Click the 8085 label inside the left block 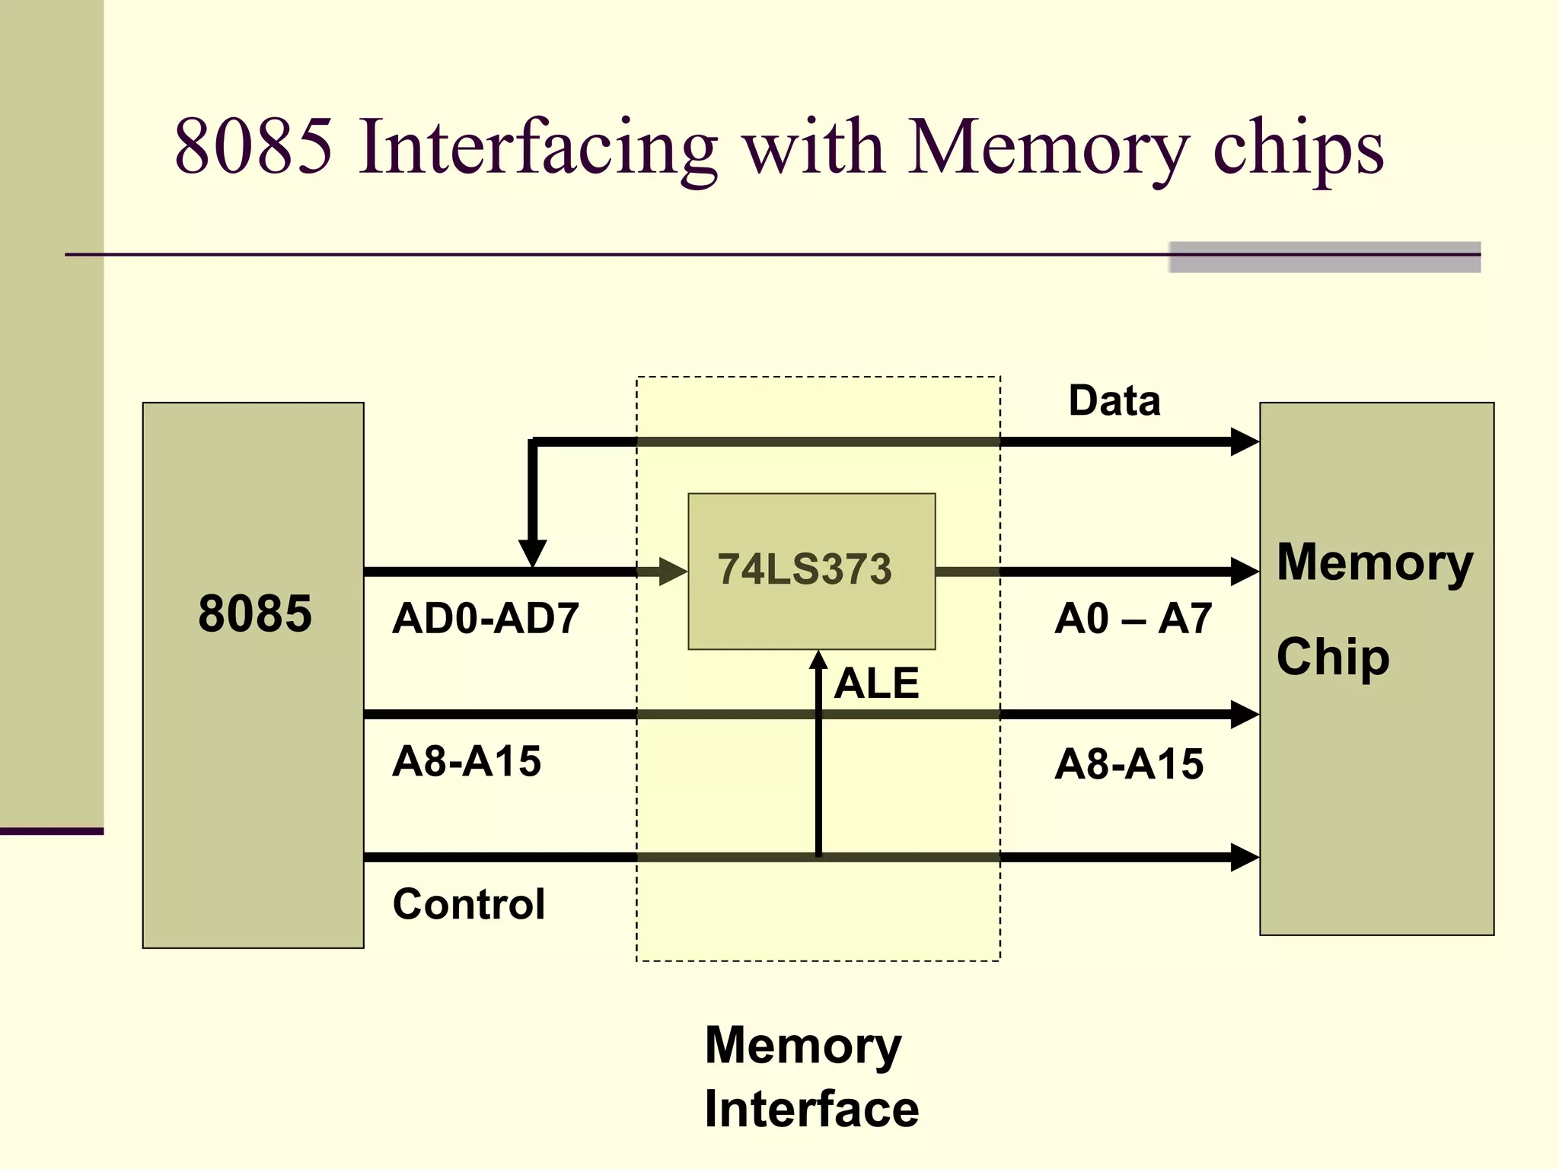coord(255,613)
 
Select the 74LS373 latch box coord(811,571)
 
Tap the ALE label coord(876,683)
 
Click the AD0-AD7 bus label coord(486,618)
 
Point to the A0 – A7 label coord(1133,618)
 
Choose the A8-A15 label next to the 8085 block coord(467,761)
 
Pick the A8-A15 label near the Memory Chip coord(1129,763)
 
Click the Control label coord(469,904)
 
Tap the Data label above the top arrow coord(1114,400)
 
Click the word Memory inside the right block coord(1375,563)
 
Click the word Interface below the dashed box coord(811,1109)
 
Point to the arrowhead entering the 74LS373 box coord(673,572)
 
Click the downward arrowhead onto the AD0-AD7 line coord(533,553)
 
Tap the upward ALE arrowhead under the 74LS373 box coord(818,660)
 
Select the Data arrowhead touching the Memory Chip coord(1244,441)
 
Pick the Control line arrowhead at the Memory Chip coord(1244,857)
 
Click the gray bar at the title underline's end coord(1324,257)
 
